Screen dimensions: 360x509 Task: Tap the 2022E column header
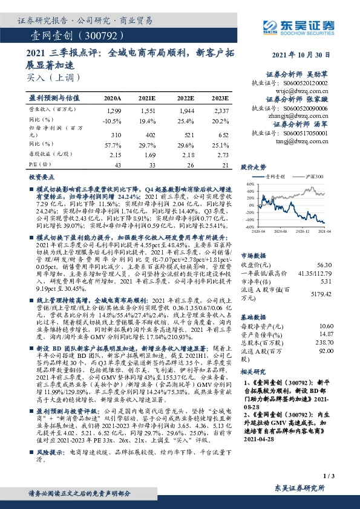(185, 97)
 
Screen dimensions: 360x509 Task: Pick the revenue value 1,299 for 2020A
(113, 112)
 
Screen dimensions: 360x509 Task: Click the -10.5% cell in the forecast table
(112, 120)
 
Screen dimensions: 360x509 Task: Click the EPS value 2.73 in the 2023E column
(222, 155)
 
